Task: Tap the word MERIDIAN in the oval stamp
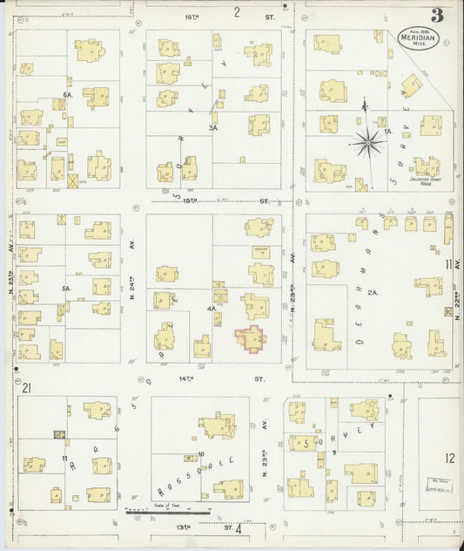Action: (x=419, y=37)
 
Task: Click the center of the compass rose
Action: (x=366, y=142)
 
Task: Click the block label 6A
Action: (x=67, y=94)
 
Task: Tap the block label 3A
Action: (x=212, y=127)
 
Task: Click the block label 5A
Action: (x=65, y=289)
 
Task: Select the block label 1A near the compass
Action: (x=389, y=132)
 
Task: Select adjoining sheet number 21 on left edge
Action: (x=27, y=388)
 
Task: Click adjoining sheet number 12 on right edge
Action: (x=448, y=458)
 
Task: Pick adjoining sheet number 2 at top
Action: (x=236, y=11)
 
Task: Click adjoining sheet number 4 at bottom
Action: (x=238, y=527)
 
